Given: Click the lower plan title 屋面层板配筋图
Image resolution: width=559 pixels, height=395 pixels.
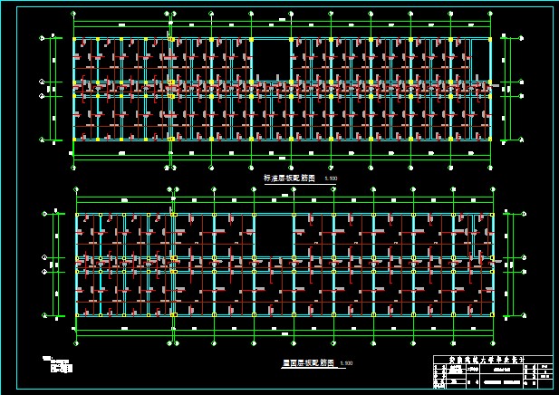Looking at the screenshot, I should pos(308,362).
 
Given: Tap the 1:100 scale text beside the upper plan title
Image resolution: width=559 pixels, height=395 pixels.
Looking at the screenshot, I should pos(331,179).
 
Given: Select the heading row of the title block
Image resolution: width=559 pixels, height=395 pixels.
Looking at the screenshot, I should pos(488,360).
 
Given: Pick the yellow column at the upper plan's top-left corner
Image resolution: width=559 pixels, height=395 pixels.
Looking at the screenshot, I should pos(74,39).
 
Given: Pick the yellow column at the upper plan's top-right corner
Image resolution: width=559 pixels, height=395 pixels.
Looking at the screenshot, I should pos(490,39).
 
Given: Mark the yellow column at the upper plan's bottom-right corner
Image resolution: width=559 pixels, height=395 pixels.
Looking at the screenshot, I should pos(490,139).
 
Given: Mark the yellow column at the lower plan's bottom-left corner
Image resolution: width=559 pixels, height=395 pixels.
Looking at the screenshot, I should pos(77,315).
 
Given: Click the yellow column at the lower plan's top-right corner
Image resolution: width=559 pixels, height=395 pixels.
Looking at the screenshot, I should pos(493,215).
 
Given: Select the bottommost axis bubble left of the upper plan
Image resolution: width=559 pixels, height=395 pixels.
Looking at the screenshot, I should pos(43,140).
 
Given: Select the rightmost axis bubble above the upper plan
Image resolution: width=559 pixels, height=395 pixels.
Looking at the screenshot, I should pos(490,14).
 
